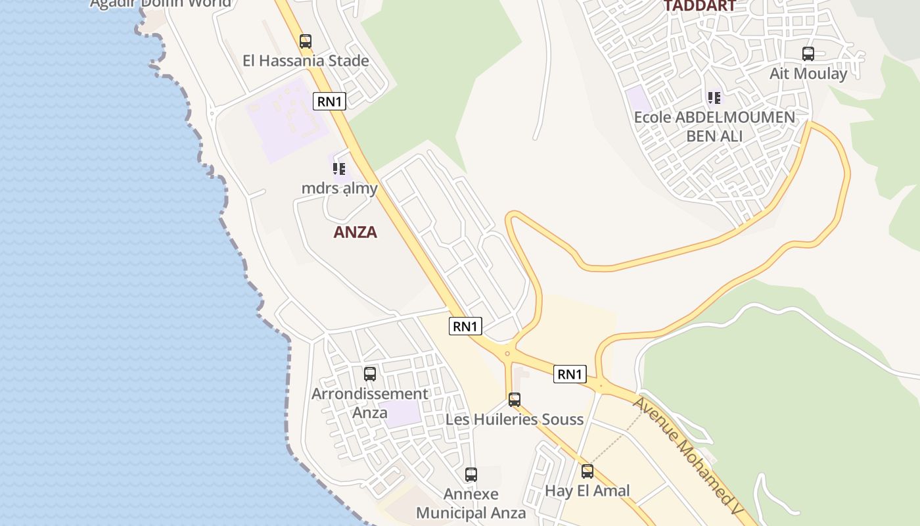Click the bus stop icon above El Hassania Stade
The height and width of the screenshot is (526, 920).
[x=306, y=41]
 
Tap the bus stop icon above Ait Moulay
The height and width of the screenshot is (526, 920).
[x=808, y=54]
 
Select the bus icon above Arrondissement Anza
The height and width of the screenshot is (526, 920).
[x=370, y=374]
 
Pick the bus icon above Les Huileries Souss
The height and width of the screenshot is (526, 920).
[x=515, y=399]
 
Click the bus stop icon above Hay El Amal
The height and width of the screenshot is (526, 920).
[x=587, y=471]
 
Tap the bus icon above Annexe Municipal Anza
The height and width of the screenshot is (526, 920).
[x=471, y=474]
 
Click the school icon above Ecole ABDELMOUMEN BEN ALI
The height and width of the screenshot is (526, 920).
[x=714, y=98]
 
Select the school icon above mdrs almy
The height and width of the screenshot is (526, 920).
[x=339, y=169]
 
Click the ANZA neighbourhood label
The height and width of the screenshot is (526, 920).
[x=355, y=232]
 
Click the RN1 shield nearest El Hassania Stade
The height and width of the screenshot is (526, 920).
[x=329, y=101]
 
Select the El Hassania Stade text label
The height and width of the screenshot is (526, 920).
[x=306, y=61]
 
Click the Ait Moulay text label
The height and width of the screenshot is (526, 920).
[x=808, y=74]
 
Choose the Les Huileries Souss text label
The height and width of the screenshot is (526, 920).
[x=515, y=419]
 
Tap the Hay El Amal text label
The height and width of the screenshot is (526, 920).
[x=587, y=491]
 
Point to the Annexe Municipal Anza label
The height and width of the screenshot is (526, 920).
[x=471, y=504]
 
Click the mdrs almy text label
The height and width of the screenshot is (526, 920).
[x=339, y=189]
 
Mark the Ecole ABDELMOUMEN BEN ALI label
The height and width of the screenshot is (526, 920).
[x=714, y=127]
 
